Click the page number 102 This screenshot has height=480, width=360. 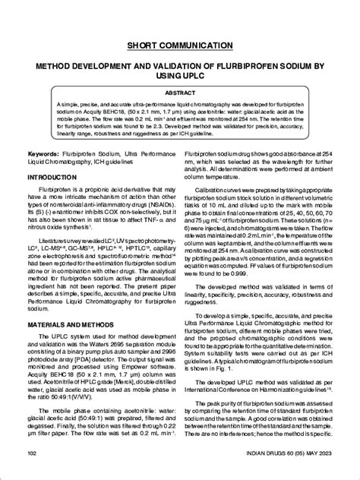33,453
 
